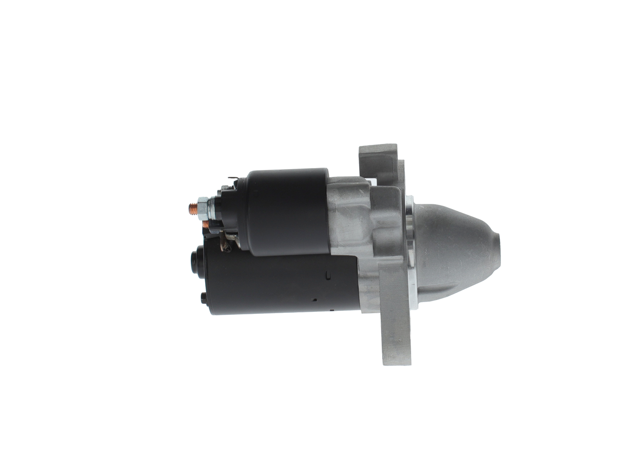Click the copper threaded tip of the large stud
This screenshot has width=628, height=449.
[193, 208]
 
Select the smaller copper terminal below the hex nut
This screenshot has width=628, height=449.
[206, 225]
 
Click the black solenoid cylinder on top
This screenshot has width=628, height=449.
[288, 211]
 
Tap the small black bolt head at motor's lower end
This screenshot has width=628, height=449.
[204, 298]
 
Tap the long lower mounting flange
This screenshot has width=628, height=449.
[395, 329]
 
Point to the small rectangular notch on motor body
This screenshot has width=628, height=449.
[328, 275]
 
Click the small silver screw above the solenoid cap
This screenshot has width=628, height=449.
[225, 188]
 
